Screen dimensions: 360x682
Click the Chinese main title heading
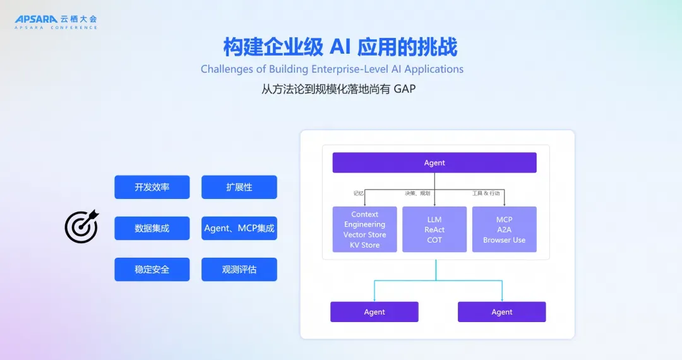pos(340,47)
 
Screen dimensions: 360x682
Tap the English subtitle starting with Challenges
pos(332,69)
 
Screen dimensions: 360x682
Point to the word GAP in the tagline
pos(404,89)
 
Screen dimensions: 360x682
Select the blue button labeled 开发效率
pos(152,188)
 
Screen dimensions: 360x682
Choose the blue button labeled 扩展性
pos(239,188)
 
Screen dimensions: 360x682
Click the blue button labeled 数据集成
pos(152,229)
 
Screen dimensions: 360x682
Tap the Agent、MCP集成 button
pos(239,229)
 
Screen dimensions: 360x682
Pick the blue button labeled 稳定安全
pos(152,270)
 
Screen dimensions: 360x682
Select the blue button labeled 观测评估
pos(239,270)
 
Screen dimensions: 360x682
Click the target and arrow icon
pos(82,227)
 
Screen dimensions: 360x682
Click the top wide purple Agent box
pos(434,163)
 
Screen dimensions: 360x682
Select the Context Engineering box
pos(365,229)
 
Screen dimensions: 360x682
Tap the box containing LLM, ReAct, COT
pos(434,229)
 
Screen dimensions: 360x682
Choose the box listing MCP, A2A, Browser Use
pos(505,229)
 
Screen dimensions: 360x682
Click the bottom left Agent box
pos(374,312)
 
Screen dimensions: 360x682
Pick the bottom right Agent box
pos(502,312)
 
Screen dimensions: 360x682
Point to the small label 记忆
pos(359,193)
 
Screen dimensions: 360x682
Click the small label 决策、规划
pos(417,193)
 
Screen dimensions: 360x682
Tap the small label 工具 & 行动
pos(490,193)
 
